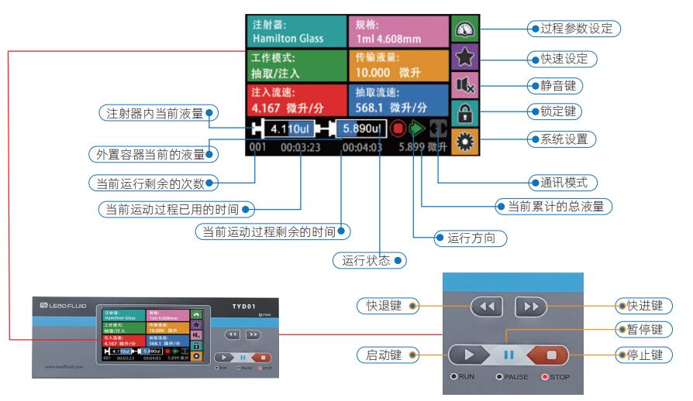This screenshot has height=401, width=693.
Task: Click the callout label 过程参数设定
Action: click(x=574, y=29)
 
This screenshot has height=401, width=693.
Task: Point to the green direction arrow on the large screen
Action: click(x=418, y=128)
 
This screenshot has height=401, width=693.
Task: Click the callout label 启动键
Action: click(x=384, y=355)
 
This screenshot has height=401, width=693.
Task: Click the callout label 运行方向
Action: click(x=471, y=238)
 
